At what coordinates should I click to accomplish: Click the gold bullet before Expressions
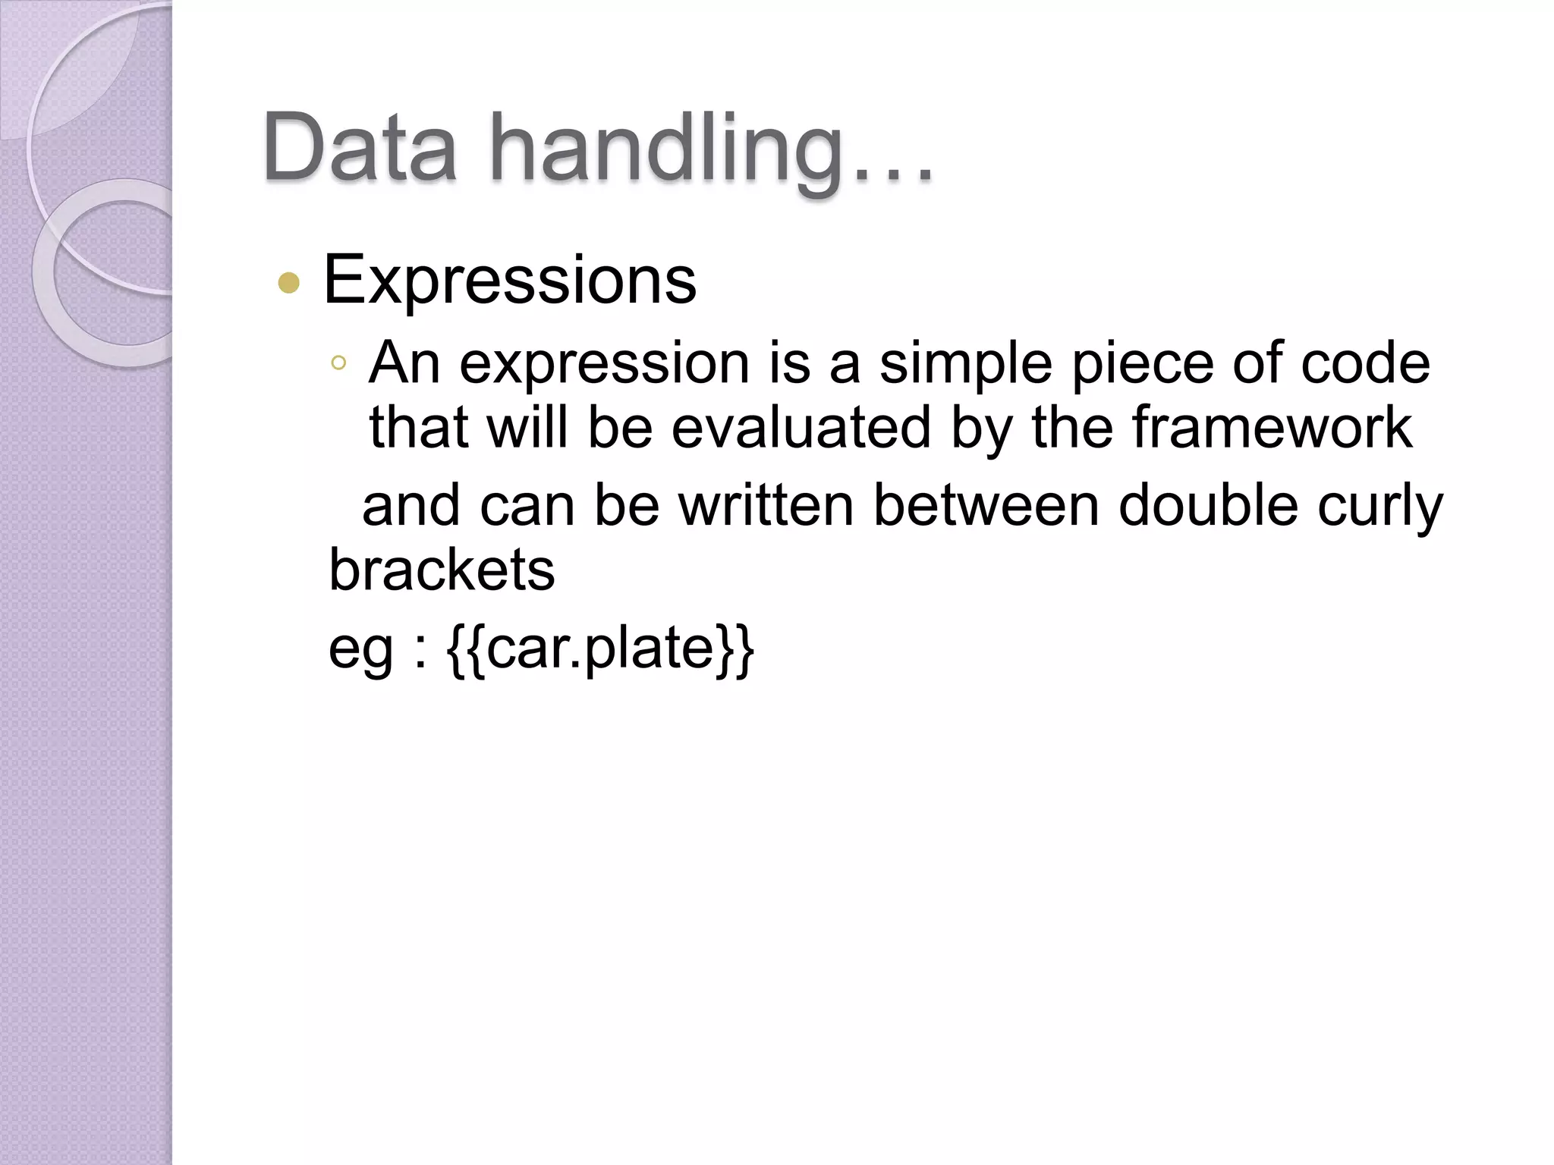289,284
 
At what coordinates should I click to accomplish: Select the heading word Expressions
510,281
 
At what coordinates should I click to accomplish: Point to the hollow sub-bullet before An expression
338,363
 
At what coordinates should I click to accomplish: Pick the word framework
1272,427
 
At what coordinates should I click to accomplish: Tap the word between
986,506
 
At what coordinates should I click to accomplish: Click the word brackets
442,570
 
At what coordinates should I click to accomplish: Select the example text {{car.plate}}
601,649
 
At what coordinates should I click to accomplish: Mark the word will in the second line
527,427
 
